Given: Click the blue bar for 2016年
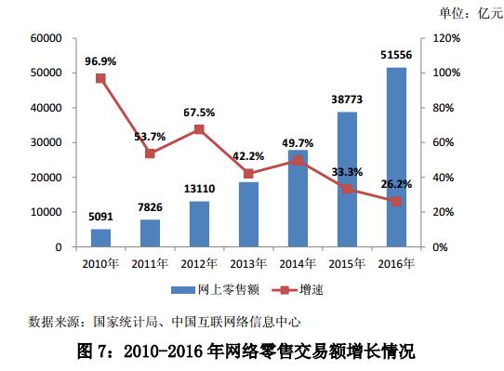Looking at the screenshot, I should point(396,157).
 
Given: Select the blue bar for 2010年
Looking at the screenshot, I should point(100,238).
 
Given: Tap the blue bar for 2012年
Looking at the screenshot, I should point(199,224).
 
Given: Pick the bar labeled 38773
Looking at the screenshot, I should point(347,179).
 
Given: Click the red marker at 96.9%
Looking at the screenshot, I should point(100,78).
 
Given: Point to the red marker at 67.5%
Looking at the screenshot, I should point(199,129).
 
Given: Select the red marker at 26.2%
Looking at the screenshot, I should point(396,201).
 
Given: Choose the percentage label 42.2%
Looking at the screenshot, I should point(248,155).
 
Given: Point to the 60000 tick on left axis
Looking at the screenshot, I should point(46,38).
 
